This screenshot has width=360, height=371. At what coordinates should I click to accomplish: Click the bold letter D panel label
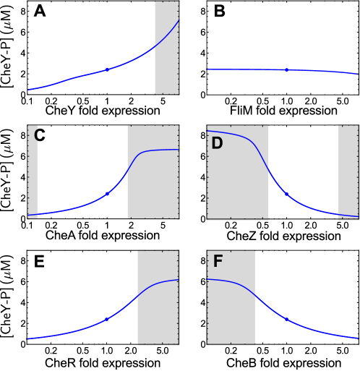(x=217, y=143)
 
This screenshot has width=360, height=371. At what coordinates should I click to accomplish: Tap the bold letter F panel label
(x=218, y=262)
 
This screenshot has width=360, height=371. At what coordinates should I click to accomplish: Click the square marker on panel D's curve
(x=287, y=195)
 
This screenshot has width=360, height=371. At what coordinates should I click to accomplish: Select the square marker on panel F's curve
(x=286, y=319)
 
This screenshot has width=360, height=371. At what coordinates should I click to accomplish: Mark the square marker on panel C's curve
(x=107, y=194)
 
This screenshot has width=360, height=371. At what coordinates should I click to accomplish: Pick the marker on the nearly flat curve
(x=287, y=69)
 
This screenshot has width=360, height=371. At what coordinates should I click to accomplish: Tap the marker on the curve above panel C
(x=107, y=69)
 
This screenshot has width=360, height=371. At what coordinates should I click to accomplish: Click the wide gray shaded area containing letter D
(x=237, y=188)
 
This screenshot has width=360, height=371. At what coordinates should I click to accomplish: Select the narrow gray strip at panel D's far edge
(x=348, y=172)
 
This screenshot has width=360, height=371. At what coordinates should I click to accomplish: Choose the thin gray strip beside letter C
(x=33, y=181)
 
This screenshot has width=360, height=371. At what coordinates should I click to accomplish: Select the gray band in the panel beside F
(x=158, y=318)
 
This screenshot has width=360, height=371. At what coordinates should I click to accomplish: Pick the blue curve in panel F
(x=318, y=332)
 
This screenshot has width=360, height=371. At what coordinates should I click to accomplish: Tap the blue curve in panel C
(x=72, y=208)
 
